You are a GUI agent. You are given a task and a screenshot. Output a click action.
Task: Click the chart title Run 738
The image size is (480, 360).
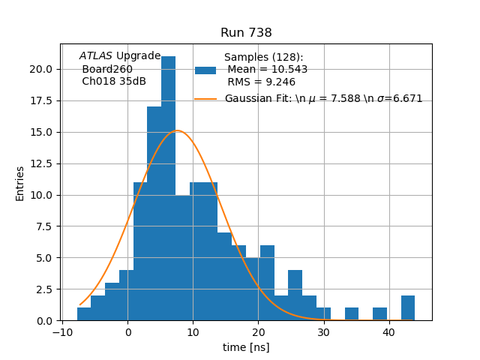[246, 33]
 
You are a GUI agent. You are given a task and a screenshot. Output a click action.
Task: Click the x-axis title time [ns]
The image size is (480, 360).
[246, 347]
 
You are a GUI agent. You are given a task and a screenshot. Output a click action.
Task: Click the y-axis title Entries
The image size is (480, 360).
[20, 183]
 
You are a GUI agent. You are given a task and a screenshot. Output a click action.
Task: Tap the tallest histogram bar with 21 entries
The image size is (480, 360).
[169, 187]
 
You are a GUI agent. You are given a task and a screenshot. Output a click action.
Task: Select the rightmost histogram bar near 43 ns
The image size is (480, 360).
[408, 308]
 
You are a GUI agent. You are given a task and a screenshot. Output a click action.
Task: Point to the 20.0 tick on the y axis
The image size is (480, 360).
[41, 69]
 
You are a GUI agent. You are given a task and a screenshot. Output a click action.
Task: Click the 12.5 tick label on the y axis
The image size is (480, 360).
[41, 163]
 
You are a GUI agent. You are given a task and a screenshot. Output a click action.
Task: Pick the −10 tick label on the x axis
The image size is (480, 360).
[62, 331]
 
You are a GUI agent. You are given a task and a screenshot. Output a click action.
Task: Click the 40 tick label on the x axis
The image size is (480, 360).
[388, 331]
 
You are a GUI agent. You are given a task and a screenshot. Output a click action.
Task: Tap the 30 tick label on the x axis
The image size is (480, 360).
[323, 331]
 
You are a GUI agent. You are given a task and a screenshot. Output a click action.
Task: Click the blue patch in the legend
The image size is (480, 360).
[205, 70]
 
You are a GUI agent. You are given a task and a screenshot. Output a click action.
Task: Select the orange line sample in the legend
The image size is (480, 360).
[205, 98]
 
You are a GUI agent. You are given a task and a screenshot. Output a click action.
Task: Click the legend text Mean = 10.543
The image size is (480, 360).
[267, 70]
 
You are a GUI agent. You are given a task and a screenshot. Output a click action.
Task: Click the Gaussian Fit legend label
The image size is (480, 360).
[323, 98]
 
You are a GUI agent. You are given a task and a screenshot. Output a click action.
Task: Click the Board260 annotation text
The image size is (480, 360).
[107, 69]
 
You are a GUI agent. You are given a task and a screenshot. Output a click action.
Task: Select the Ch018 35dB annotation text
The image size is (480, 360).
[114, 81]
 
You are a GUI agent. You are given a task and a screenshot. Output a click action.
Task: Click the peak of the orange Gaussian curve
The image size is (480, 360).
[178, 130]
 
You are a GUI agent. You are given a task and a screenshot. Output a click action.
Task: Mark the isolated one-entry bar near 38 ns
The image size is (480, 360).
[379, 314]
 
